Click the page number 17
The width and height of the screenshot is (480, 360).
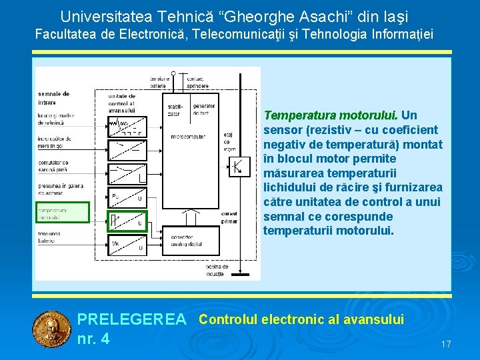(x=446, y=344)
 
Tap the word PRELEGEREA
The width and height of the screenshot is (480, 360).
(x=132, y=321)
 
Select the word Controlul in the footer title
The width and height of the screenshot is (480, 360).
(x=229, y=319)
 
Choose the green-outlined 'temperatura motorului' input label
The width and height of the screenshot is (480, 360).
(x=53, y=213)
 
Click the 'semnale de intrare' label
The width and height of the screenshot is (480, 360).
(x=54, y=97)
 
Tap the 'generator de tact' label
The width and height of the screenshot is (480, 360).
(x=203, y=109)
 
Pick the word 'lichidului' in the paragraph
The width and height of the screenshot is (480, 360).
(x=289, y=187)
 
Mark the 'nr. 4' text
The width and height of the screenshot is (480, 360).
(x=93, y=339)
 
